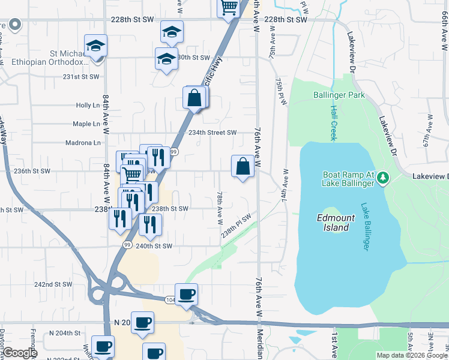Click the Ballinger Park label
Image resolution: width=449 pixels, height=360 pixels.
[x=339, y=95]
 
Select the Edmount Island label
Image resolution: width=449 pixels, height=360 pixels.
[x=333, y=223]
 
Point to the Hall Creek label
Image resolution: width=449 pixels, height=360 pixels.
[x=333, y=123]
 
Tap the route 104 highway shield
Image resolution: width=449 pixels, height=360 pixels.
[x=171, y=298]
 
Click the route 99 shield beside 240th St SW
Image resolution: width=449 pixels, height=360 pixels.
[x=127, y=245]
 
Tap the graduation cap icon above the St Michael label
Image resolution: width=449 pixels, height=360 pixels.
[x=95, y=46]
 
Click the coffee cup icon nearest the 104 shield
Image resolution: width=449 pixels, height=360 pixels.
[x=187, y=293]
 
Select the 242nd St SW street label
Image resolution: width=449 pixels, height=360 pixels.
[x=53, y=284]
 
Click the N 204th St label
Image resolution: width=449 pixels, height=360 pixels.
[x=65, y=332]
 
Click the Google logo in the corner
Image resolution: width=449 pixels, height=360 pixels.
[x=20, y=353]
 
